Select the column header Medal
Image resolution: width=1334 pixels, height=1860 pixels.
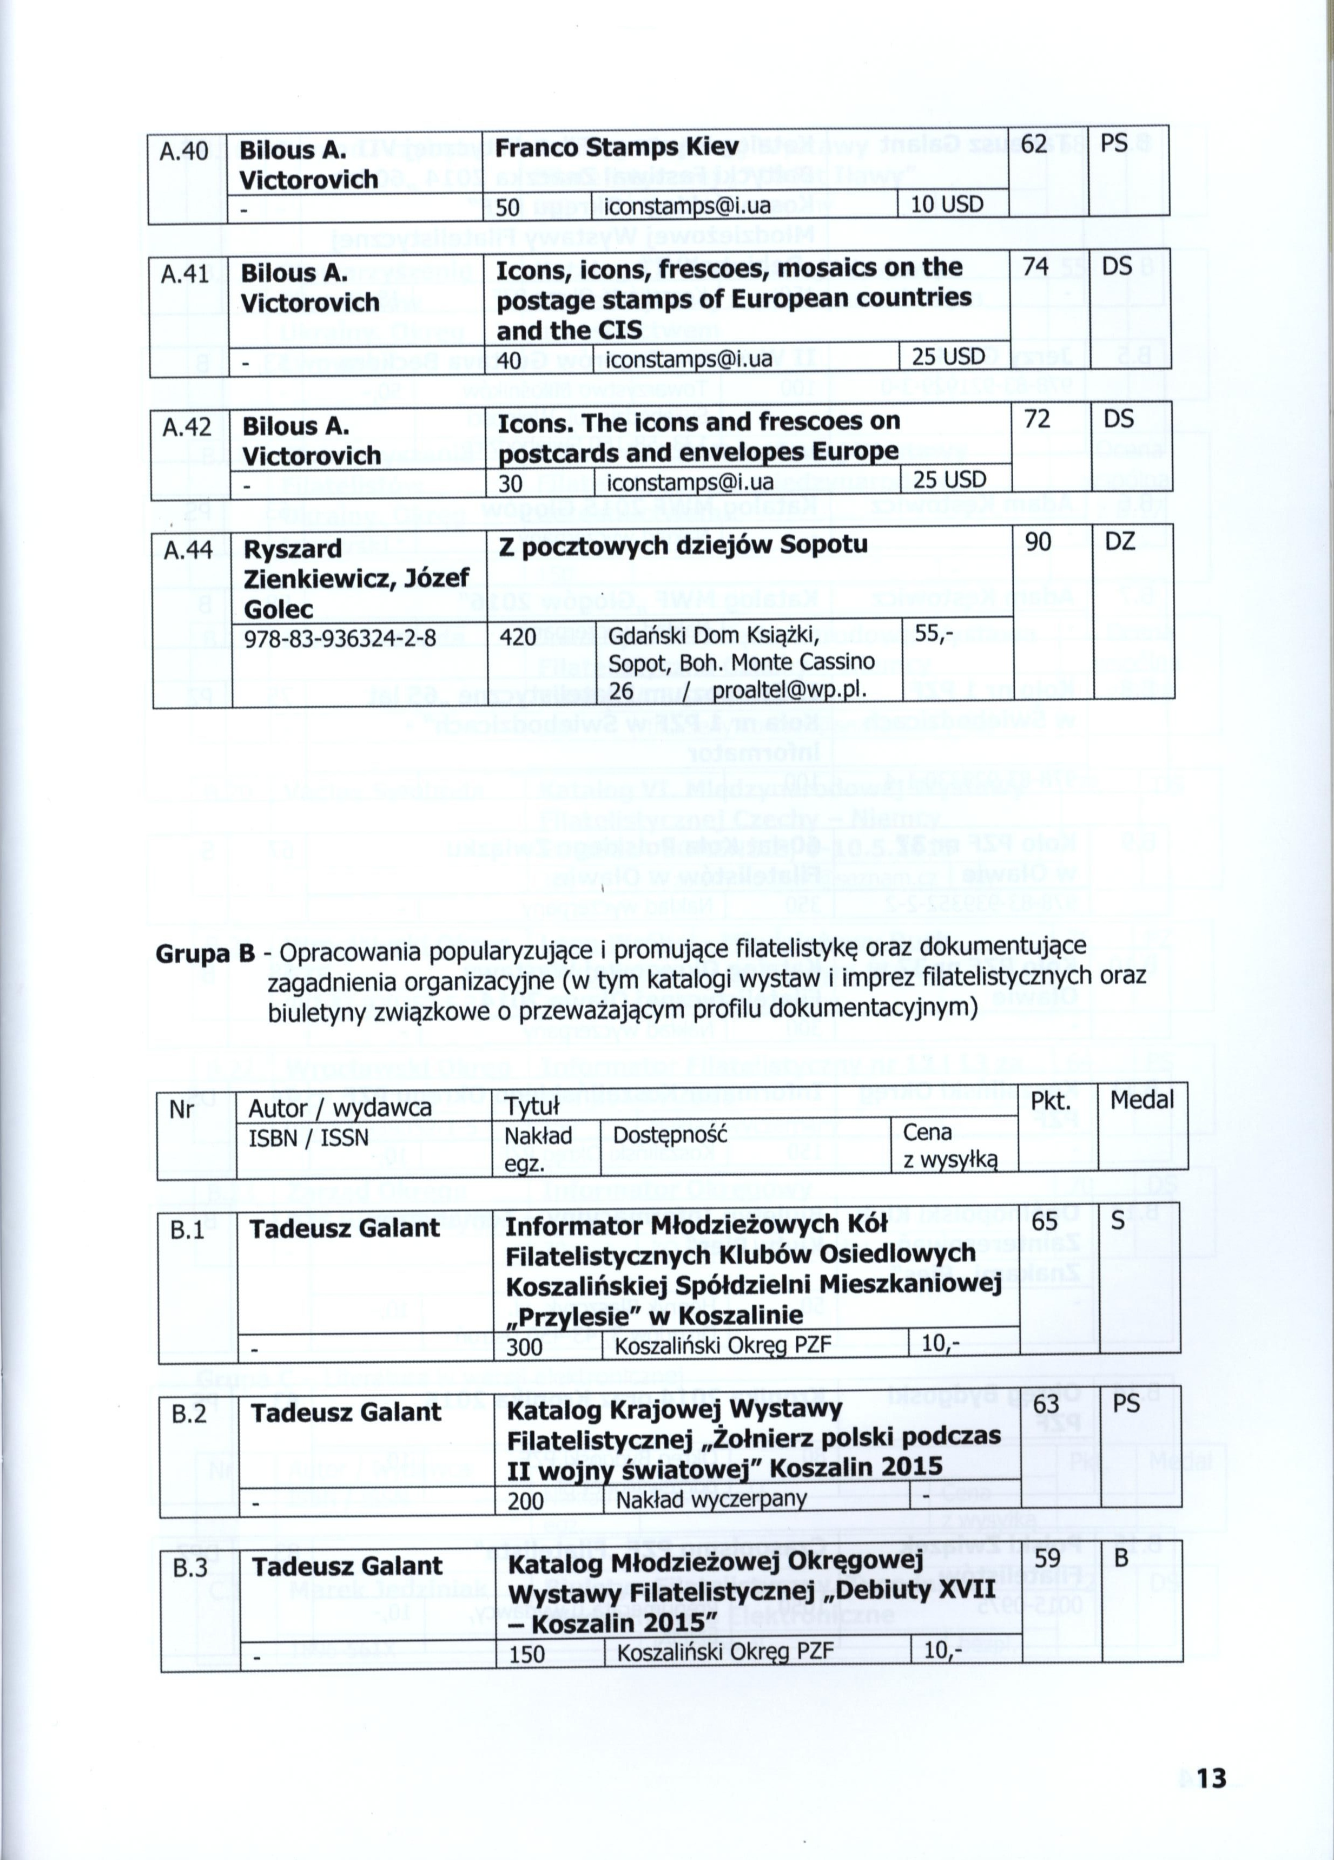pos(1141,1100)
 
